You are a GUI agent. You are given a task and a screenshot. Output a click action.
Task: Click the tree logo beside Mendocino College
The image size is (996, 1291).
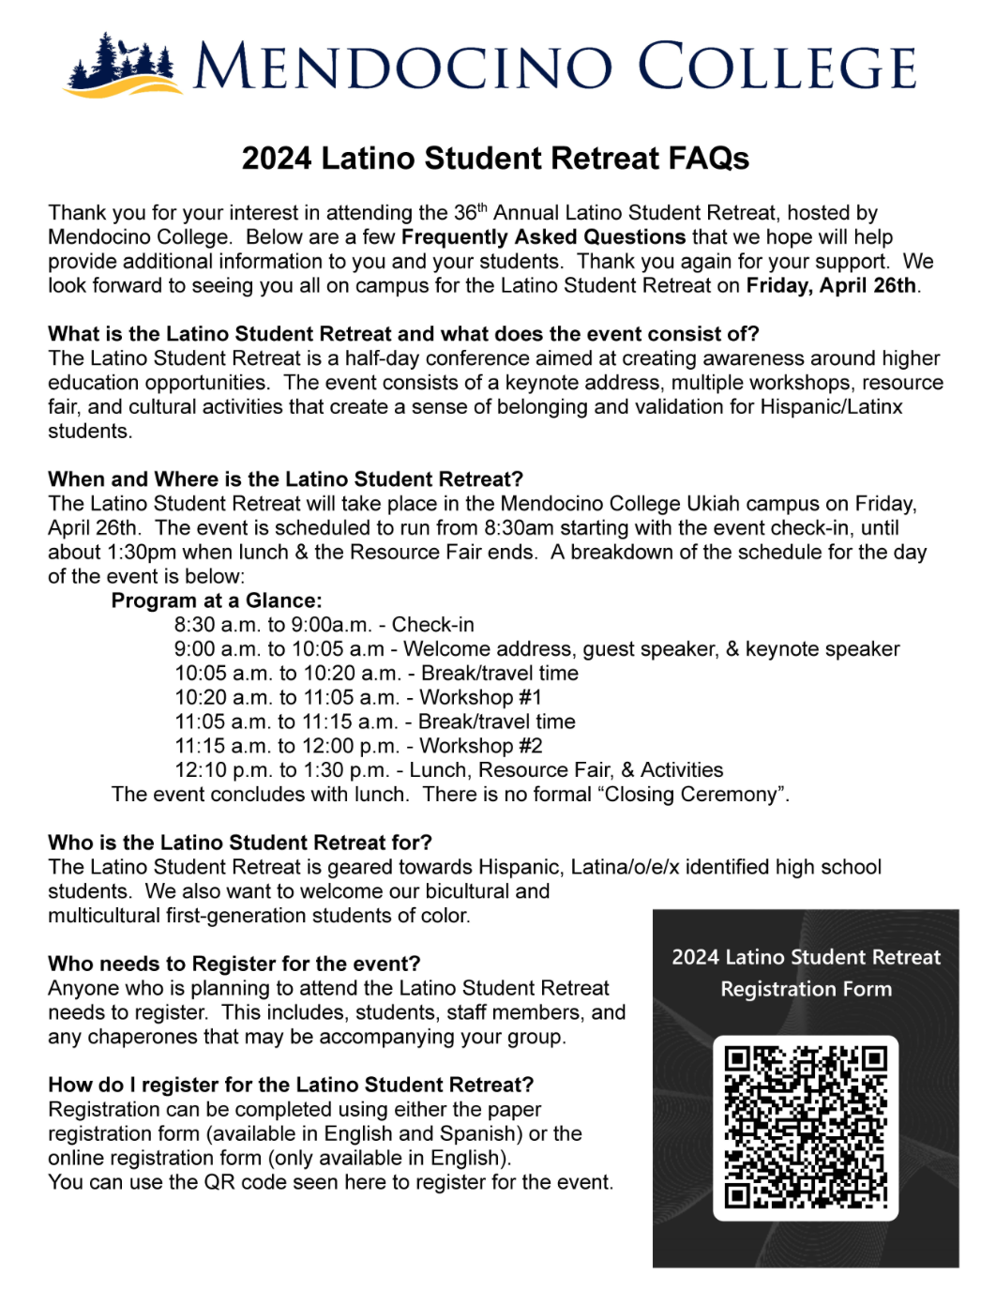click(x=120, y=66)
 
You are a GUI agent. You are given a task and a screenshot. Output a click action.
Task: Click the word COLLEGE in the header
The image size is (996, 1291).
click(x=777, y=67)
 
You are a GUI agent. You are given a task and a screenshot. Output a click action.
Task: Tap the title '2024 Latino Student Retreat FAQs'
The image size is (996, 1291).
click(x=495, y=159)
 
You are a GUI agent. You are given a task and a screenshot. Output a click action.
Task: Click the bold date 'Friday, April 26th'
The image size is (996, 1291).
click(x=831, y=285)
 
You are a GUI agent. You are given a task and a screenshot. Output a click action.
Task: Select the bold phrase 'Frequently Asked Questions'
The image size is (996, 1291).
click(x=544, y=236)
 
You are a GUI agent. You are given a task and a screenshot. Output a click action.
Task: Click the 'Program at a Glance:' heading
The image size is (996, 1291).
click(x=217, y=600)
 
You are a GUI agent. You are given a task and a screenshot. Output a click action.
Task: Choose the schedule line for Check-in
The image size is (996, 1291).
click(x=324, y=625)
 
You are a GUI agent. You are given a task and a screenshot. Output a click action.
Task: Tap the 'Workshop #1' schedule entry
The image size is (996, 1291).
click(x=480, y=697)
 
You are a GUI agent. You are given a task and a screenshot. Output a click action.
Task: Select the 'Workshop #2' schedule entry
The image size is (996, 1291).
click(x=481, y=746)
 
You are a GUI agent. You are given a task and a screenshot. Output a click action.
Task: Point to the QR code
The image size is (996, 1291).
click(x=806, y=1128)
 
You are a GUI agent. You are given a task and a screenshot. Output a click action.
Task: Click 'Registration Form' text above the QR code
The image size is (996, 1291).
click(x=806, y=989)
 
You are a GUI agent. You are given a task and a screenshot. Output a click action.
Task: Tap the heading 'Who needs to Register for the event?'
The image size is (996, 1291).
click(x=234, y=964)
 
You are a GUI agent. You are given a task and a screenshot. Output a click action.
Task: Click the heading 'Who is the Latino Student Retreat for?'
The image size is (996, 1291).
click(x=240, y=843)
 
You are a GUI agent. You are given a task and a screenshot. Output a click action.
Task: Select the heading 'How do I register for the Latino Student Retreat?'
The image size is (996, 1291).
click(x=291, y=1085)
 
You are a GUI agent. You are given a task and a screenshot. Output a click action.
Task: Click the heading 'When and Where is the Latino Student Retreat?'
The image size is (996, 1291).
click(x=285, y=479)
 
